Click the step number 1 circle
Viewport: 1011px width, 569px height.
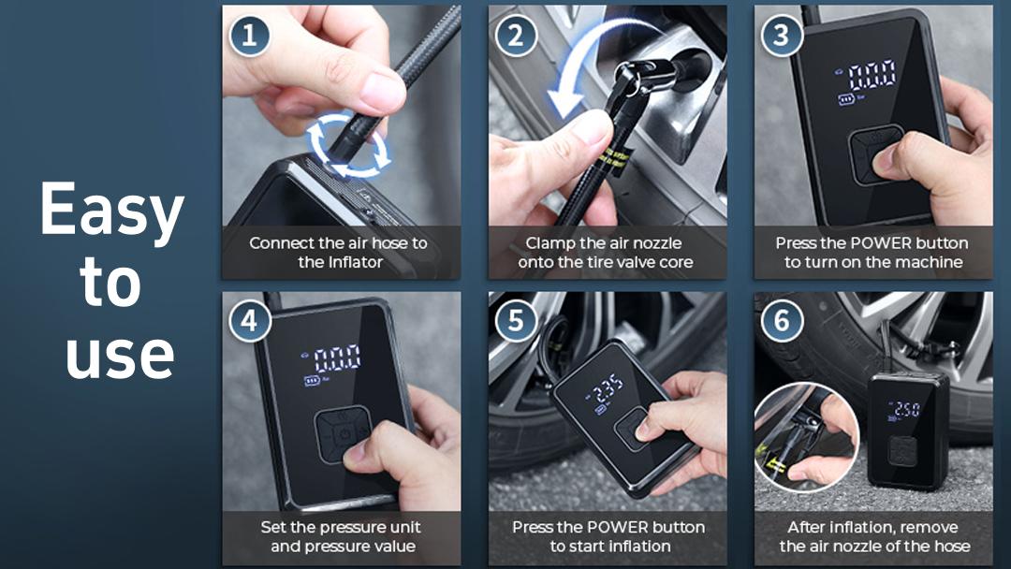pyautogui.click(x=249, y=36)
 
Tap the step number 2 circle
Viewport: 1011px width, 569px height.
pyautogui.click(x=516, y=36)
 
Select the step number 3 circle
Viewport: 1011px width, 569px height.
pyautogui.click(x=782, y=36)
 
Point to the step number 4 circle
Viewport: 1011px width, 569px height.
pyautogui.click(x=249, y=322)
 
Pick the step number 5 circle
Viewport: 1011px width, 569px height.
pyautogui.click(x=516, y=322)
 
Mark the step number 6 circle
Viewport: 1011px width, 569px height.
pyautogui.click(x=782, y=322)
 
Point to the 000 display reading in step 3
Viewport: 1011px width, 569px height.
pyautogui.click(x=872, y=74)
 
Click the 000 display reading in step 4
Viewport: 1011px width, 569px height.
pyautogui.click(x=337, y=357)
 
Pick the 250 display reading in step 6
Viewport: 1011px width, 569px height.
pyautogui.click(x=905, y=409)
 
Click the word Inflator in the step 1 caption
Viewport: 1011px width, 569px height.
pyautogui.click(x=354, y=262)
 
